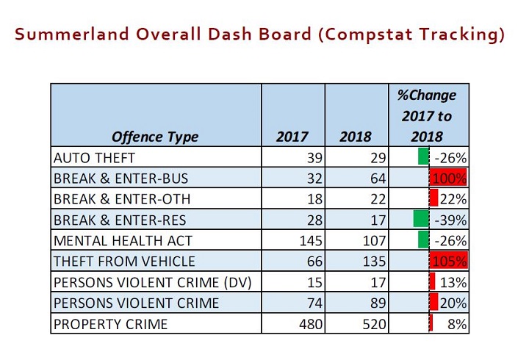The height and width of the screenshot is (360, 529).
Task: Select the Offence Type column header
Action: point(155,137)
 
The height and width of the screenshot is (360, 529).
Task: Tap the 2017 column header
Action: point(292,137)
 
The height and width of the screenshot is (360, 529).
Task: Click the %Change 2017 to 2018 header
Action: point(427,115)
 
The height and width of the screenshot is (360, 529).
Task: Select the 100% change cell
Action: point(448,178)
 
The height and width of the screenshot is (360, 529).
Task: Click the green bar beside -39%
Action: point(420,219)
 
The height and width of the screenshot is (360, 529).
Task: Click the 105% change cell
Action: point(448,261)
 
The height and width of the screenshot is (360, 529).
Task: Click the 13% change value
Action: point(455,282)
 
